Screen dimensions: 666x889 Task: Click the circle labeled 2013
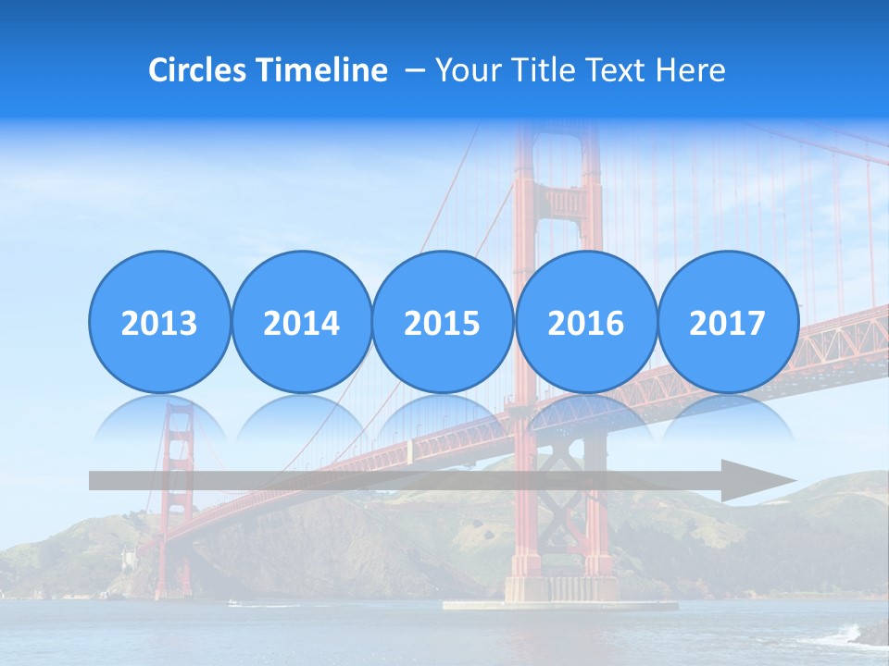[159, 322]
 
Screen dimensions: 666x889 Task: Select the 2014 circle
[301, 322]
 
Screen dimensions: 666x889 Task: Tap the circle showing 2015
[443, 322]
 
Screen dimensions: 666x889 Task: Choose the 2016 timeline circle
[585, 322]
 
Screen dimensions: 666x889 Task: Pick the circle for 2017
[728, 322]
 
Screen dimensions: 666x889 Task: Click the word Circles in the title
[198, 70]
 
